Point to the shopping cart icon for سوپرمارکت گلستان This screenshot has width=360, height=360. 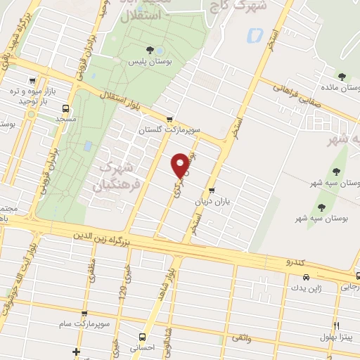[x=169, y=118]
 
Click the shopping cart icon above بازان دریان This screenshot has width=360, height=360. [x=211, y=190]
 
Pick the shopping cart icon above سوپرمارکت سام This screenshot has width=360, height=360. [x=84, y=314]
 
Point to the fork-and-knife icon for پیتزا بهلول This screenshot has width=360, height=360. [x=337, y=325]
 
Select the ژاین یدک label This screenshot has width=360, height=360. [x=309, y=289]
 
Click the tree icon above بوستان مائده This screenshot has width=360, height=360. [x=342, y=76]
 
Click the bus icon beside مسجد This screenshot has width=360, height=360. [x=65, y=108]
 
